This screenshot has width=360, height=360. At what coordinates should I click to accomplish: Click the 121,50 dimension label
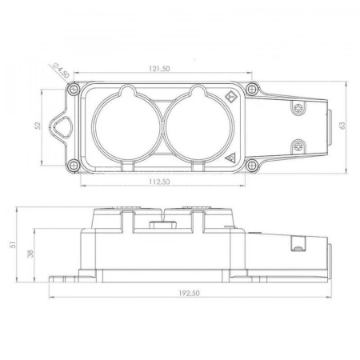tap(159, 69)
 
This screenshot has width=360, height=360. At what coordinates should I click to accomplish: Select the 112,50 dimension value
tap(159, 182)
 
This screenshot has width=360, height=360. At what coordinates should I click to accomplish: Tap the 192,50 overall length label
tap(189, 294)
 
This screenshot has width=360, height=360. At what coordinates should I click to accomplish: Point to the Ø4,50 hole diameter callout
tap(61, 70)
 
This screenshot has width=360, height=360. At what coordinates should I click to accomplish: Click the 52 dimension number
tap(38, 126)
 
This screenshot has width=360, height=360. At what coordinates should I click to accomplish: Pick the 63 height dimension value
tap(342, 126)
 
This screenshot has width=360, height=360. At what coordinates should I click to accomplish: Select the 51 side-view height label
tap(13, 245)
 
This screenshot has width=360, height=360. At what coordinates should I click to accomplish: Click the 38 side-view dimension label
tap(30, 254)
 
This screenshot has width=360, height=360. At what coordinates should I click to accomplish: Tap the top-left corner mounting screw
tap(74, 89)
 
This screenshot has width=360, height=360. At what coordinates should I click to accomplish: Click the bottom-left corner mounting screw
tap(73, 165)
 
